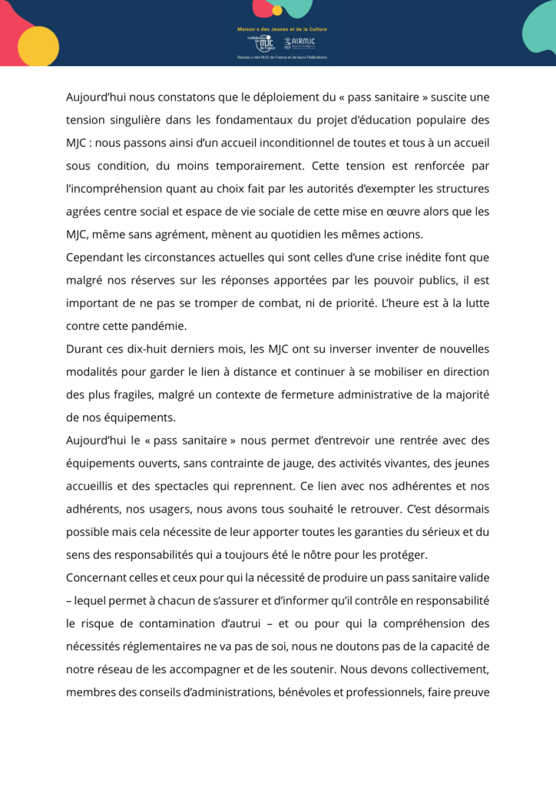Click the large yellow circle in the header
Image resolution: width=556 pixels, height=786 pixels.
point(38,45)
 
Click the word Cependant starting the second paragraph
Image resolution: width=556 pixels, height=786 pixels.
point(98,256)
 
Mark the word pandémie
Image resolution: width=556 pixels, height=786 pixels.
point(157,325)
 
